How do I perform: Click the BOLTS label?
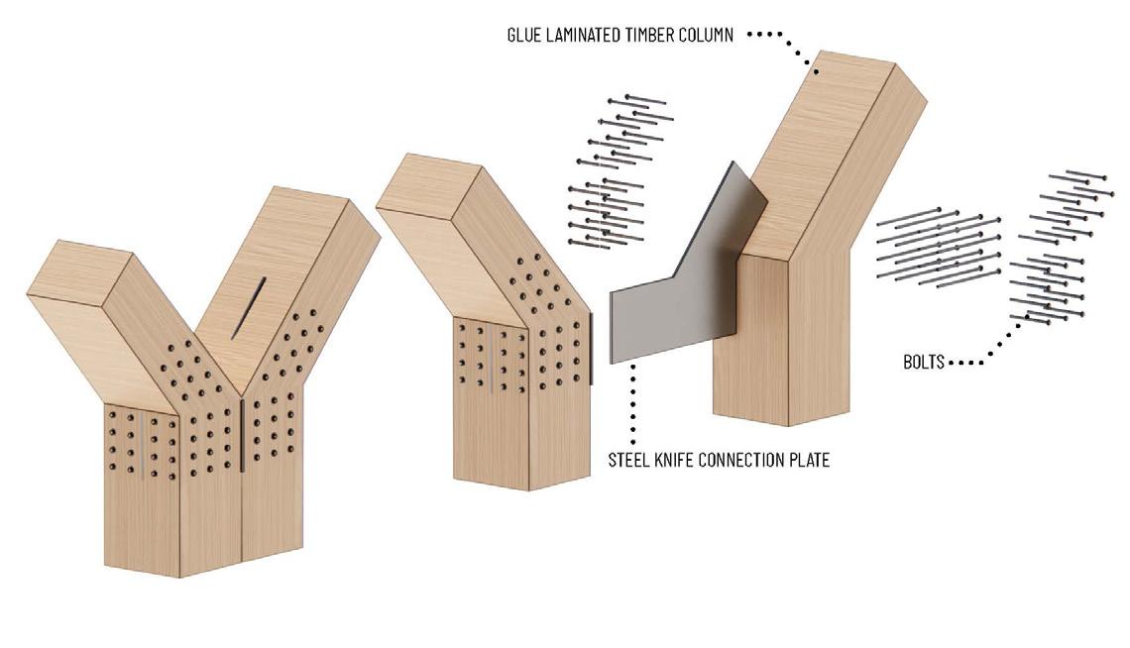tap(924, 363)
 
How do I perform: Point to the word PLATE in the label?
tap(809, 461)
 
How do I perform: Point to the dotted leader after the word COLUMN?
tap(783, 42)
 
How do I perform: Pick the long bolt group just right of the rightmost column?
tap(937, 243)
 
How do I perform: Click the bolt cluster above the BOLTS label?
tap(1056, 248)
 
